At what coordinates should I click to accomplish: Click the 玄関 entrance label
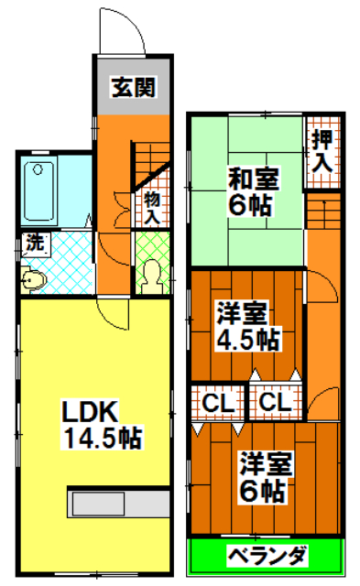click(132, 88)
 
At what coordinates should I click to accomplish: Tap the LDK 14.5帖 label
click(102, 424)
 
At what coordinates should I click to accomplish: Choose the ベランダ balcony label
click(265, 555)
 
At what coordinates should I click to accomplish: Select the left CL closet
click(217, 401)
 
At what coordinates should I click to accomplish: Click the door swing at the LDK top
click(116, 316)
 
